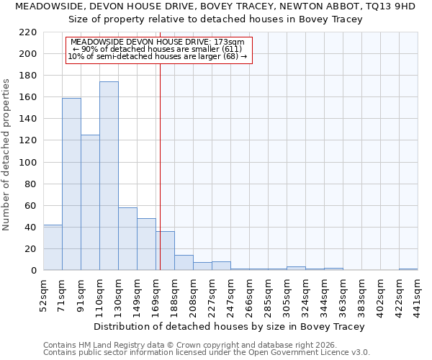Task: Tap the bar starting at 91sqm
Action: pos(90,202)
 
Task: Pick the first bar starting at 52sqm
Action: pos(53,248)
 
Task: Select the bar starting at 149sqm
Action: pos(146,244)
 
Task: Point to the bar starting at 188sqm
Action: pos(184,263)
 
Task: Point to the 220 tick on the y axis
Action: pos(28,32)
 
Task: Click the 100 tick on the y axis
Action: pos(28,162)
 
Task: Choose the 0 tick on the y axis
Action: pos(34,271)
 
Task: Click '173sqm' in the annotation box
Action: pos(230,42)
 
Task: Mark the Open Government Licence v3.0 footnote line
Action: pos(207,352)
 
